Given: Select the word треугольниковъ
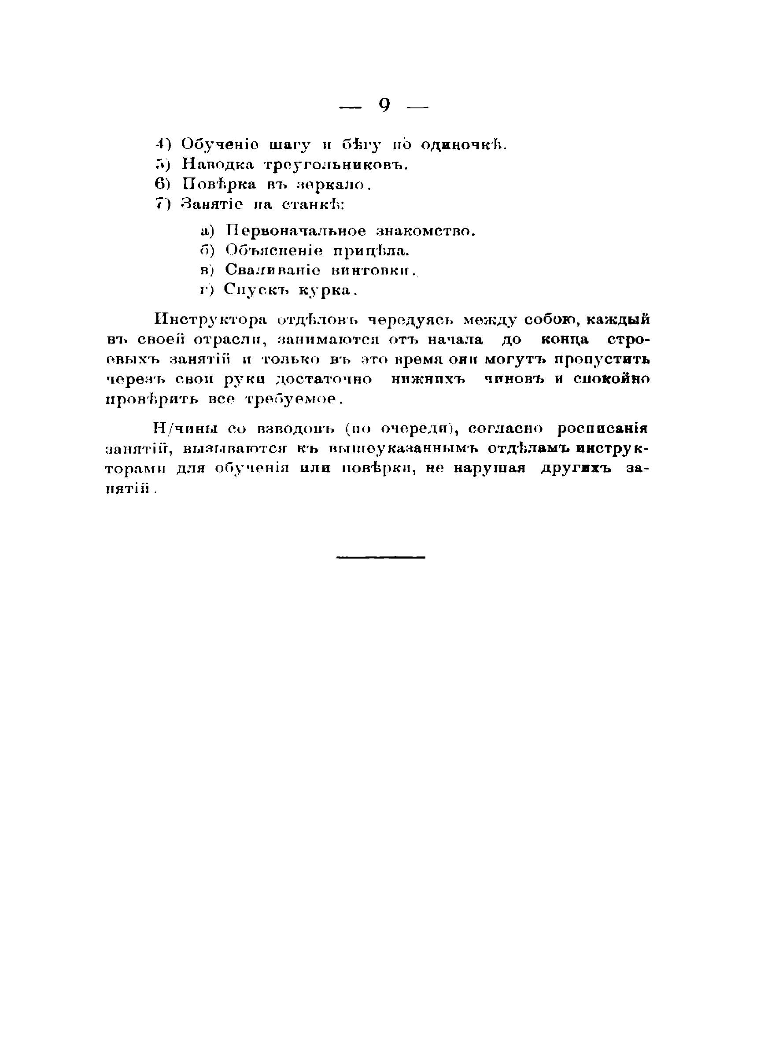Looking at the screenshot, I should pyautogui.click(x=335, y=165).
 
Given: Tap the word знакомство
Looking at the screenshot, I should pyautogui.click(x=425, y=231).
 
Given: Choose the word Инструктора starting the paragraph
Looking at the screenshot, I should pyautogui.click(x=211, y=320).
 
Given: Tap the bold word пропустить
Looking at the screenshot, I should pyautogui.click(x=602, y=360).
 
